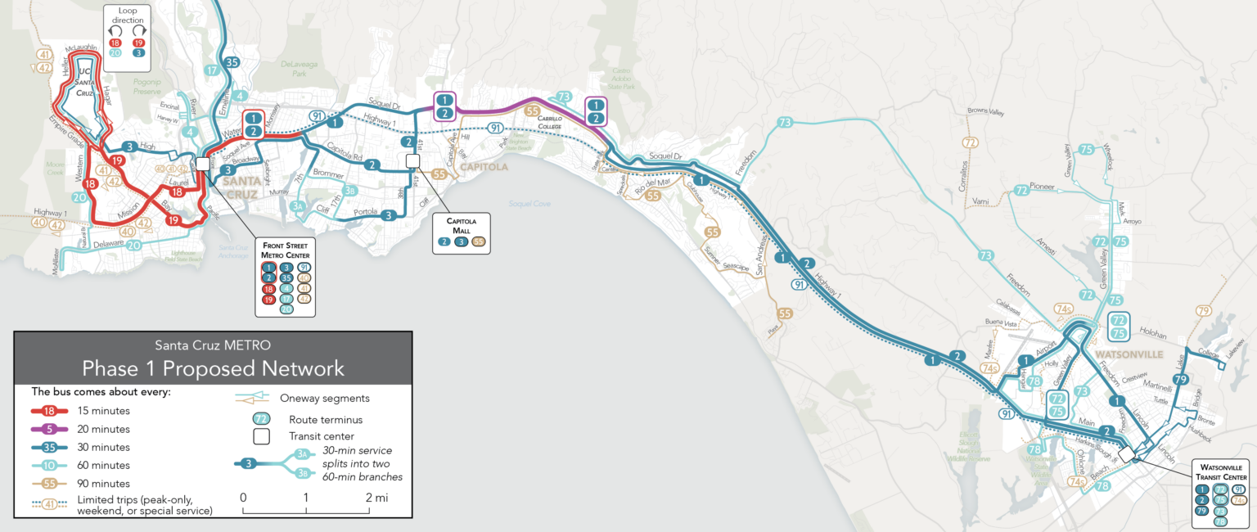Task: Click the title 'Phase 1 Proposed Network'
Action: click(x=213, y=368)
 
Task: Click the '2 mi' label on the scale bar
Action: click(x=376, y=498)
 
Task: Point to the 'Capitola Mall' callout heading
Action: click(x=461, y=226)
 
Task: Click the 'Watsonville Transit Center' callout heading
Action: click(x=1219, y=472)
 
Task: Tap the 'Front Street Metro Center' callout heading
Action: click(x=284, y=249)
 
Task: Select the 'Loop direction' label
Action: click(x=127, y=14)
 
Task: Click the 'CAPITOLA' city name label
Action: click(x=484, y=167)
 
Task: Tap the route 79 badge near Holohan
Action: click(x=1180, y=380)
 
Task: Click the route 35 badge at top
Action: click(x=232, y=62)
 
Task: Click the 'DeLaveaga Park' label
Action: click(x=298, y=66)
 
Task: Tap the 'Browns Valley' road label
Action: click(x=985, y=110)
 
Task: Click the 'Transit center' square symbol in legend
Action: click(x=262, y=437)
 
